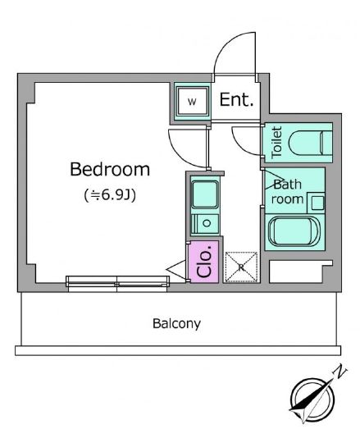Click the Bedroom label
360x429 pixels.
tap(109, 170)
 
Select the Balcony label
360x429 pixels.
tap(176, 323)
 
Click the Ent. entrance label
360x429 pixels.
tap(237, 101)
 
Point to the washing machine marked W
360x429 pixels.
tap(192, 103)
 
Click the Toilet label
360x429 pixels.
tap(276, 141)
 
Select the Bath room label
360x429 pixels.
tap(288, 192)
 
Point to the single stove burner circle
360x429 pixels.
tap(206, 222)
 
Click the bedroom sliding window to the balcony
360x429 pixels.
tap(117, 281)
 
